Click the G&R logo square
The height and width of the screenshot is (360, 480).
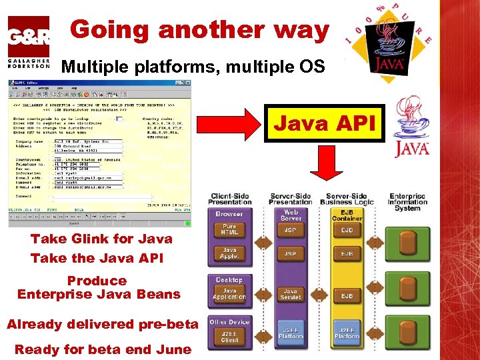click(28, 37)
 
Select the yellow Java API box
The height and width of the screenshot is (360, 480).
click(324, 123)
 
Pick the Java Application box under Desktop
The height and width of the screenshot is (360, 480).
click(229, 293)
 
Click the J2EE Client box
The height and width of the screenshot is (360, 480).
click(229, 335)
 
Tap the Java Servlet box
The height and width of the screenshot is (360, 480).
click(291, 295)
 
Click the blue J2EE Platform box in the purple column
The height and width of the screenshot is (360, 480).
click(291, 333)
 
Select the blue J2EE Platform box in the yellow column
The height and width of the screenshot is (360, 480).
click(347, 333)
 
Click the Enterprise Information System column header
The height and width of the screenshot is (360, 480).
click(407, 203)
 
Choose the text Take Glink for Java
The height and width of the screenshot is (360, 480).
click(101, 239)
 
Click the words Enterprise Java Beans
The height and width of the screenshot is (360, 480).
click(99, 294)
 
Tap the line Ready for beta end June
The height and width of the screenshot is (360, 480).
click(103, 349)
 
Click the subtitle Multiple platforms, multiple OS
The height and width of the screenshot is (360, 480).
click(193, 67)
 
